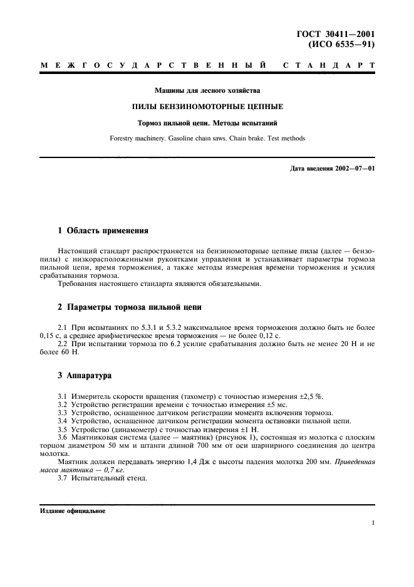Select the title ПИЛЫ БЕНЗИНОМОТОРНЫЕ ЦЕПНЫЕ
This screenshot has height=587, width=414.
pos(207,107)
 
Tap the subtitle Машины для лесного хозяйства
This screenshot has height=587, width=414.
pos(207,90)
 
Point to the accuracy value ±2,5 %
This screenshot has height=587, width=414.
pos(310,396)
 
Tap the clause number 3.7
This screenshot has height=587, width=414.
pos(62,480)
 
